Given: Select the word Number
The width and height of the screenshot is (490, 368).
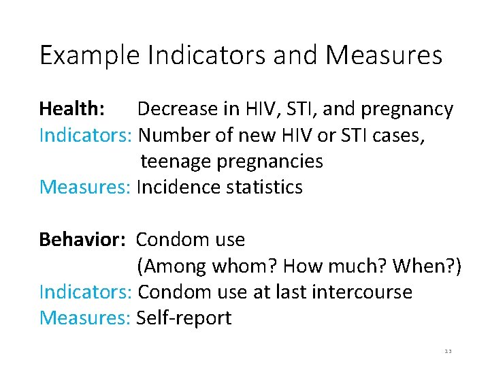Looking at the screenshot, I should [174, 136].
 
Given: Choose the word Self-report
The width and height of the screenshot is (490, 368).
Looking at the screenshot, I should [184, 318].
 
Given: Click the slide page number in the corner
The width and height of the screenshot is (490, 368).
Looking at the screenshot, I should [448, 352].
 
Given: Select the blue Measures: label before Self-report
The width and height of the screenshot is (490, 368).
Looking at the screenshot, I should [85, 318].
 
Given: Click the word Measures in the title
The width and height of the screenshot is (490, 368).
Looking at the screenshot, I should [384, 56].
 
